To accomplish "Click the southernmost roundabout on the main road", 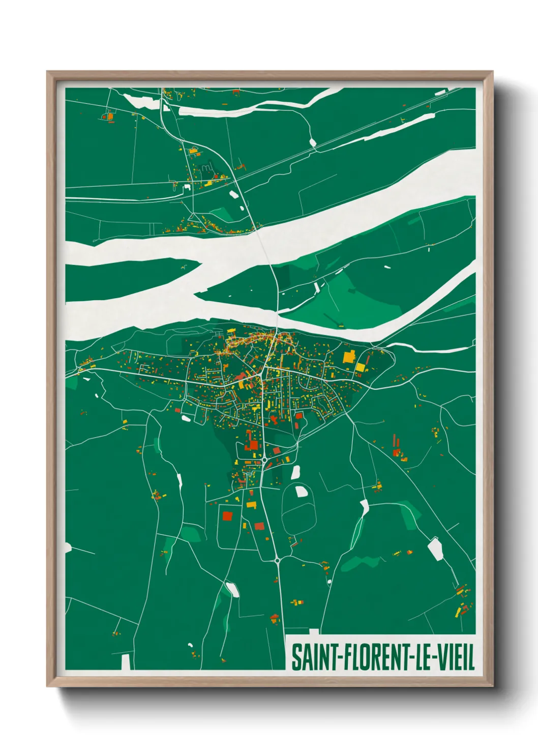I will click(x=277, y=560).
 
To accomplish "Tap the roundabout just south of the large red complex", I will click(x=264, y=460).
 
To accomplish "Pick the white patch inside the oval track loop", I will click(x=301, y=491).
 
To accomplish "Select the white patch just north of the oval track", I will click(x=295, y=472).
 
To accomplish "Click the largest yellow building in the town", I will click(x=349, y=356).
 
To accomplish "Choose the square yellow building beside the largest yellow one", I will click(x=360, y=367).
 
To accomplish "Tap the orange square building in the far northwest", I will click(x=110, y=117).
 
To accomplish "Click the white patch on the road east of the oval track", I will click(x=364, y=506).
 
